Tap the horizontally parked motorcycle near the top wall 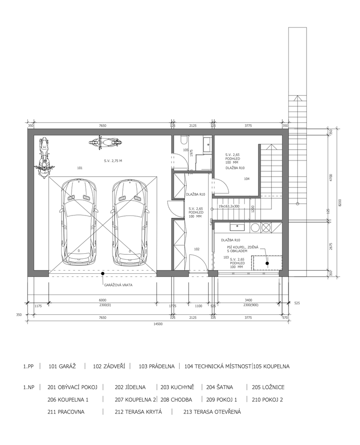105,142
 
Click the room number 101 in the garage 80,168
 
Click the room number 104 247,179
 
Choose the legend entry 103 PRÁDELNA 156,367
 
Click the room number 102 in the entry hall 197,249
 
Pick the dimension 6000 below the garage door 103,301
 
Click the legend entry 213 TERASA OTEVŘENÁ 212,412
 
